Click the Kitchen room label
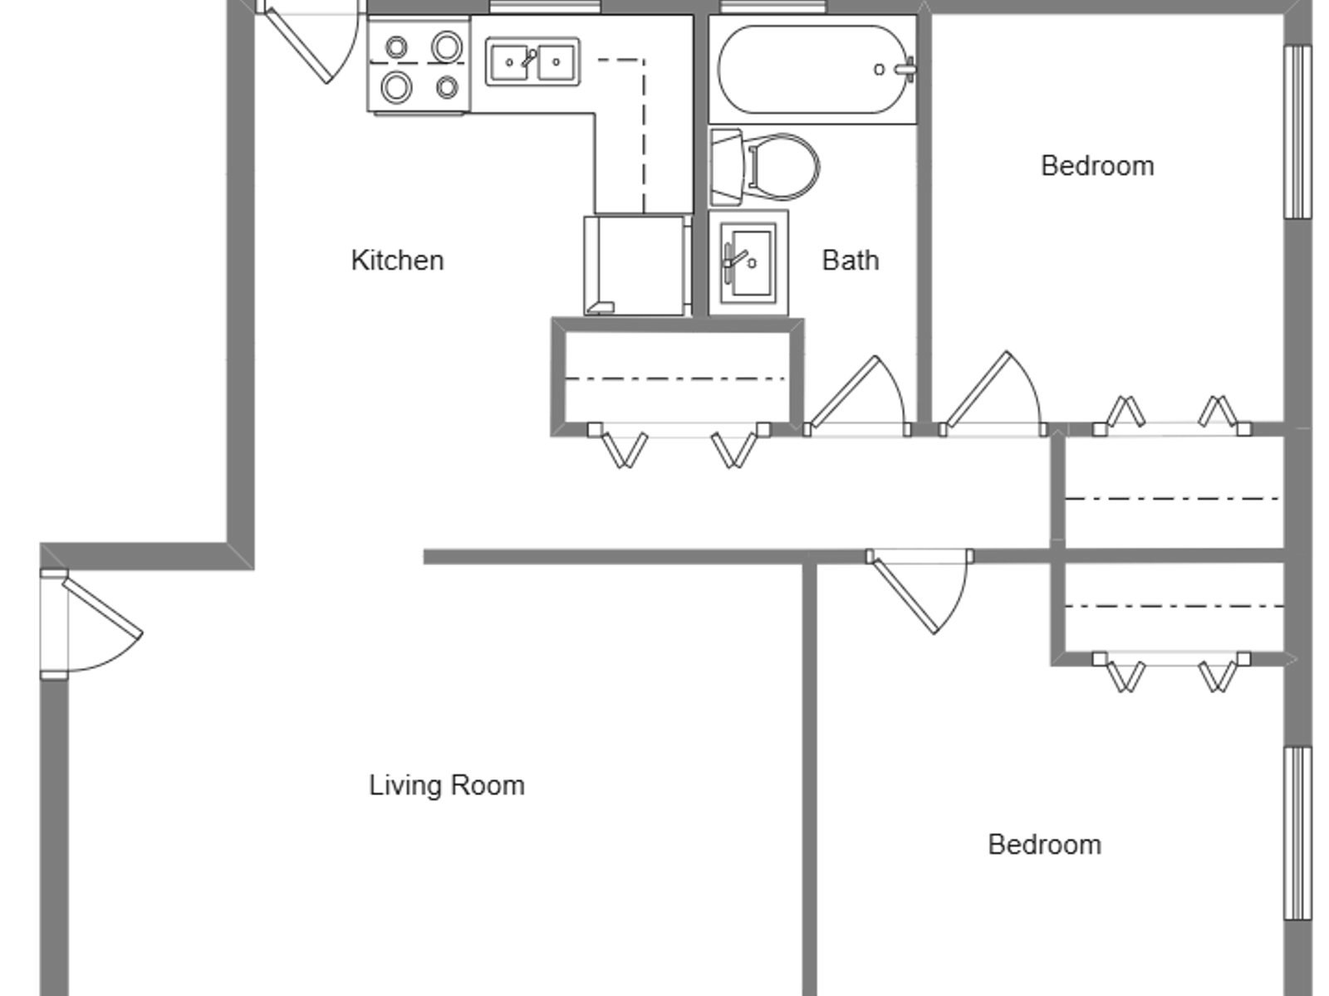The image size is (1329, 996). pos(397,261)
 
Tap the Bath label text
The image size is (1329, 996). pos(850,261)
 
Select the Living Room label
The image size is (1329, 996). pos(447,785)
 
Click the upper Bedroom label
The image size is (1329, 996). pos(1097,166)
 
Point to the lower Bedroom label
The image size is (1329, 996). pos(1044,844)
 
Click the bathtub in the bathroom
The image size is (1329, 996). pos(812,69)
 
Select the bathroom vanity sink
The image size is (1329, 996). pos(748,262)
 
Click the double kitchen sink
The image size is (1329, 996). pos(532,61)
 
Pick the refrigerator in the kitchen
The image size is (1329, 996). pos(637,265)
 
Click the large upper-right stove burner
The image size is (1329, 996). pos(447,46)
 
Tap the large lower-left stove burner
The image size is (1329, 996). pos(396,87)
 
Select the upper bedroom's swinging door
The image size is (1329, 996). pos(993,393)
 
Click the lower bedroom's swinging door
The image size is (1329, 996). pos(920,592)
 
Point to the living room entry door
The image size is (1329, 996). pos(91,624)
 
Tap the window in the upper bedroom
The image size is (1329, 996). pos(1297,132)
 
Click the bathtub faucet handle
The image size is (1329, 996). pos(905,70)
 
